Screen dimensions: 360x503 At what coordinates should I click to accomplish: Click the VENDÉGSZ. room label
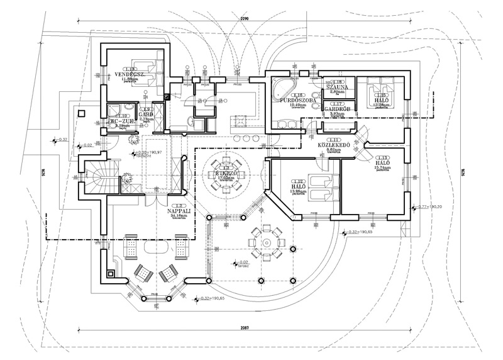tap(130, 74)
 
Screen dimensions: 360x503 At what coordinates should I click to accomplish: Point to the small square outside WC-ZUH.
tap(82, 114)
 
